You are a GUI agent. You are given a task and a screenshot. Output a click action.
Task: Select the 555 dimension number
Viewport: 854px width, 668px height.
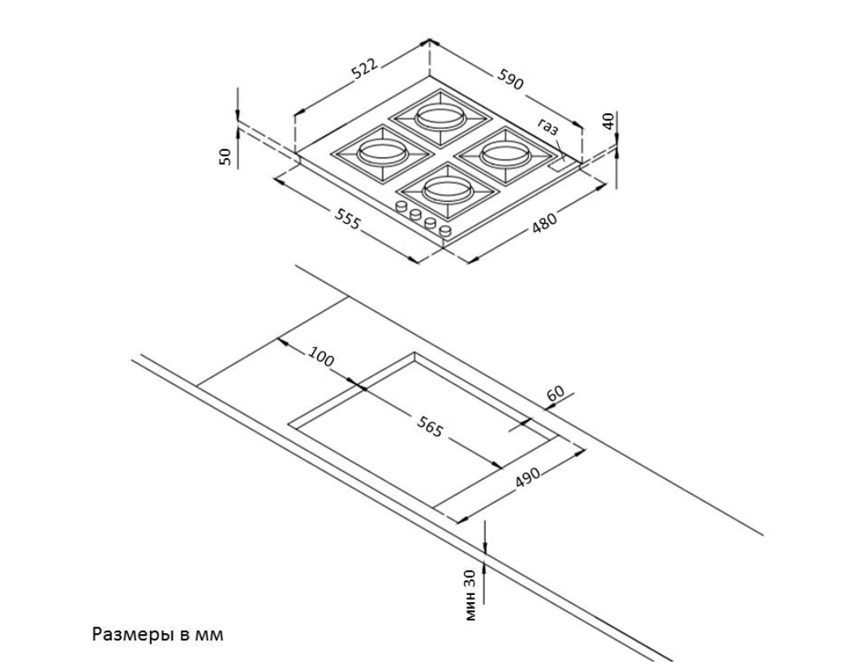point(346,219)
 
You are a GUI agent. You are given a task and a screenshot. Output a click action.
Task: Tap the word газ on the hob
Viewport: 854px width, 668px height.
point(549,126)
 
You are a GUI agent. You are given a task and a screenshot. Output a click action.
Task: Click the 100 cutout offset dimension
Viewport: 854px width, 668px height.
point(322,357)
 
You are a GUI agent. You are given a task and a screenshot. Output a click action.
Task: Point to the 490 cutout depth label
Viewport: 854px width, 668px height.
point(528,480)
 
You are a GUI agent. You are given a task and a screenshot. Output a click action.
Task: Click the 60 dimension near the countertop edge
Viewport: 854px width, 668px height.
point(556,393)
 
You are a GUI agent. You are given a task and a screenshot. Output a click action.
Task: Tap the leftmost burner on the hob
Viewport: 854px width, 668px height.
point(381,151)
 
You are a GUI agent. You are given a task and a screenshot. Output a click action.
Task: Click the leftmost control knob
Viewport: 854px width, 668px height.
point(401,208)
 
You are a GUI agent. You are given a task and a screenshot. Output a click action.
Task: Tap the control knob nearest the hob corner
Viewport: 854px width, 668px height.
point(445,233)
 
